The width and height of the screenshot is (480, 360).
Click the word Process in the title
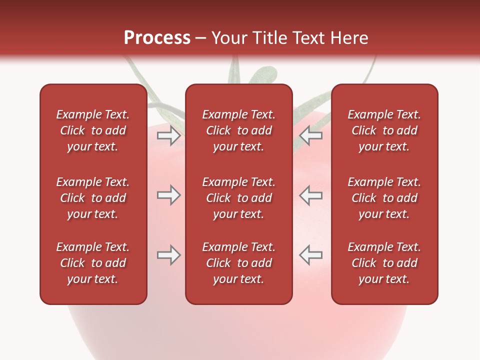point(157,38)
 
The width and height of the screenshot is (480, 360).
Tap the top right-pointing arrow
point(168,135)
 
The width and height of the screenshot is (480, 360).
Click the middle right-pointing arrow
point(168,195)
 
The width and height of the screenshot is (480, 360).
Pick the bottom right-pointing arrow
point(168,255)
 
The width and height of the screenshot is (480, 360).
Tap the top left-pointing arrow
point(311,135)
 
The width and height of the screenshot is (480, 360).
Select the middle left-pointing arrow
point(311,195)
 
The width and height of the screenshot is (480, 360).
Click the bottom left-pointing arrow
point(311,255)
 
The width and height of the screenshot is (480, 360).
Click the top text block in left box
point(93,130)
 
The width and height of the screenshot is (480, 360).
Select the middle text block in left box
point(93,198)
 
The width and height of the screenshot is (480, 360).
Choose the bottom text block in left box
point(93,263)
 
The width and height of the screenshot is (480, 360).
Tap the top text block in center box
point(238,130)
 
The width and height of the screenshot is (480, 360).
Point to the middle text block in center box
point(238,198)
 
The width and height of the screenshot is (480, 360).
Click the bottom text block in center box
point(238,263)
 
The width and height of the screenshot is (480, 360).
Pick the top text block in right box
point(384,130)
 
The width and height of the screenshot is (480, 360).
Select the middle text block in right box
point(384,198)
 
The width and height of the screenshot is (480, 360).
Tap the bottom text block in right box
point(384,263)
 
